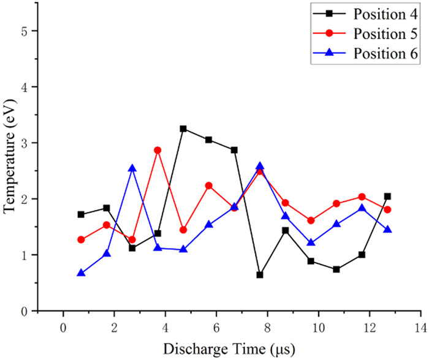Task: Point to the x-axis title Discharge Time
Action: coord(229,348)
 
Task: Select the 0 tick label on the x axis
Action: coord(63,328)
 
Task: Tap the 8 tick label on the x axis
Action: coord(267,328)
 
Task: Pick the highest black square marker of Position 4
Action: coord(183,129)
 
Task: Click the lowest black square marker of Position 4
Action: coord(260,275)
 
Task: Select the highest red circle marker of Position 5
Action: coord(158,150)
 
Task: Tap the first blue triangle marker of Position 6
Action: coord(81,273)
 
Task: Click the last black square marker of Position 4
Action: coord(387,197)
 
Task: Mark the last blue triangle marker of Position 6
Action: coord(387,230)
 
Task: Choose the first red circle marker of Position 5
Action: coord(81,239)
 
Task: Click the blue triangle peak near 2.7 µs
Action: coord(132,168)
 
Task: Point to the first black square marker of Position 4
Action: coord(81,214)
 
